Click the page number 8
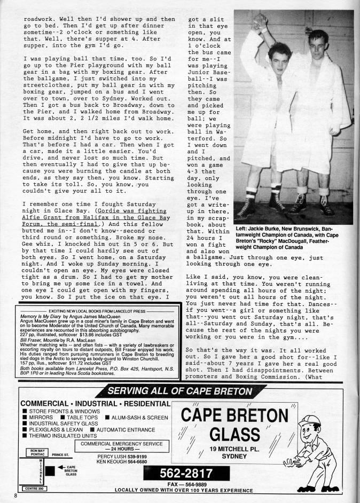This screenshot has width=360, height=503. tap(17, 496)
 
